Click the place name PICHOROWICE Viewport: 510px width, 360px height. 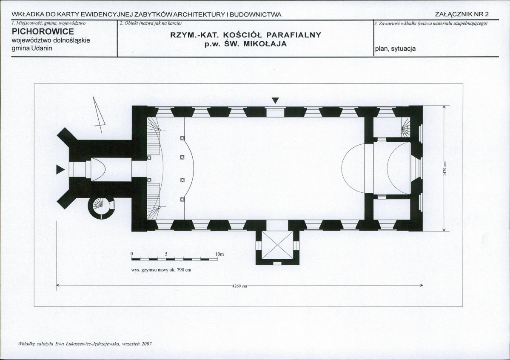[x=43, y=31]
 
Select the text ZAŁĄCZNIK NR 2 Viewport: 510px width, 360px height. [x=462, y=14]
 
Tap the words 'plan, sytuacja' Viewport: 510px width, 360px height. [x=395, y=49]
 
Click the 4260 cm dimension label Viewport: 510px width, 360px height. [x=240, y=286]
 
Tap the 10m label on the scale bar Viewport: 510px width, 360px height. [x=219, y=254]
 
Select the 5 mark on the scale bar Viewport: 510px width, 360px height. [x=166, y=254]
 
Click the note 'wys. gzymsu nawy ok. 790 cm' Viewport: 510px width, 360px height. [x=161, y=270]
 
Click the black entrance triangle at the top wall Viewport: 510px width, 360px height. [x=276, y=100]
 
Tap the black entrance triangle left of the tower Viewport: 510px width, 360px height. [x=60, y=170]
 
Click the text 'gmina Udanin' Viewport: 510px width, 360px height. [x=32, y=48]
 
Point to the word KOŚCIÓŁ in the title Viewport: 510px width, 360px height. [x=242, y=35]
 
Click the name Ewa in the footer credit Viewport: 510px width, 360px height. [x=52, y=343]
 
